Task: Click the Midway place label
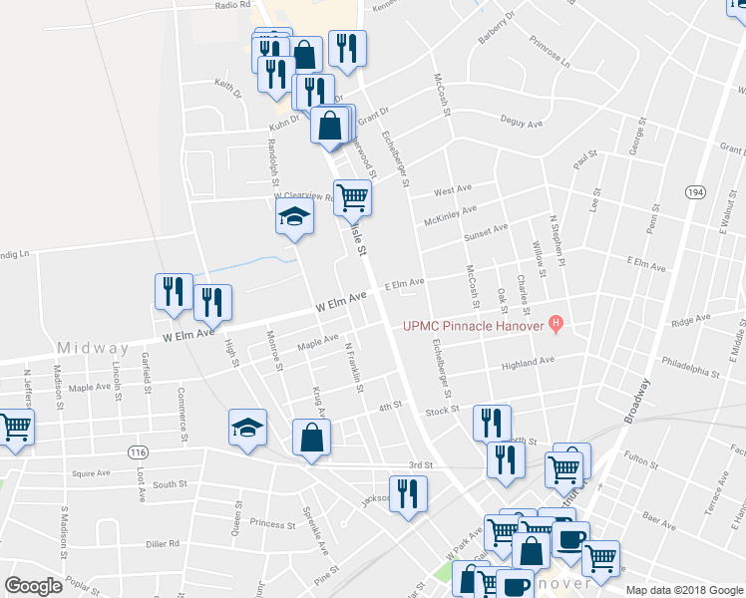pyautogui.click(x=93, y=349)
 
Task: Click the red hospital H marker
pyautogui.click(x=557, y=324)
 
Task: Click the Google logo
pyautogui.click(x=34, y=586)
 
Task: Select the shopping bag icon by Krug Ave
pyautogui.click(x=311, y=437)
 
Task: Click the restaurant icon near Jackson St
pyautogui.click(x=407, y=493)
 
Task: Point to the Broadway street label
pyautogui.click(x=639, y=401)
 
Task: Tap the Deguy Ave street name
pyautogui.click(x=521, y=123)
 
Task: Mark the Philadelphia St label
pyautogui.click(x=688, y=372)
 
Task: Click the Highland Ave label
pyautogui.click(x=528, y=364)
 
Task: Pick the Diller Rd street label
pyautogui.click(x=161, y=544)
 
